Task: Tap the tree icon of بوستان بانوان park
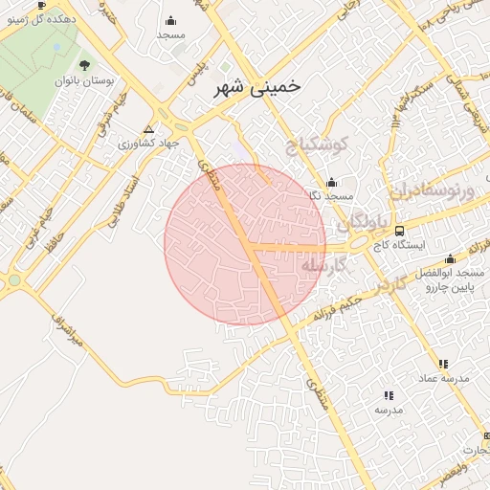(85, 65)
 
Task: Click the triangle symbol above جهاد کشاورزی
(148, 128)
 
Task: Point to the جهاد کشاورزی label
(149, 144)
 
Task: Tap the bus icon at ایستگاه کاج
(399, 230)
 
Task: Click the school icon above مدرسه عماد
(442, 364)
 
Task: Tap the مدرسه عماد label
(443, 379)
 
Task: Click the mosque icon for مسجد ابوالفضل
(450, 258)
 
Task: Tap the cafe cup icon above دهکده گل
(42, 5)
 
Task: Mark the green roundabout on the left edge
(12, 280)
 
